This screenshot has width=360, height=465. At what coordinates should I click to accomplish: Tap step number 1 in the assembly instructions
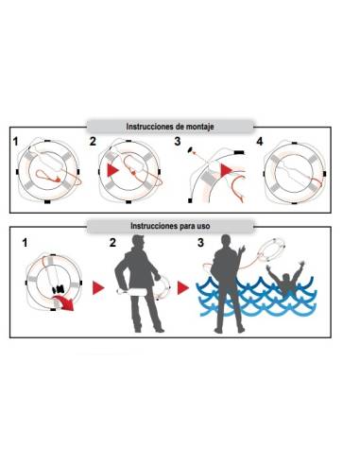(15, 142)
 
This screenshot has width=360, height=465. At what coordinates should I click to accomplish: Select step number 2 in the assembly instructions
(93, 142)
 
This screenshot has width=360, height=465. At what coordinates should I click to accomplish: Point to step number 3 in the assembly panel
(178, 142)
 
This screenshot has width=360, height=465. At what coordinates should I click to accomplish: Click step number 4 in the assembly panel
(260, 142)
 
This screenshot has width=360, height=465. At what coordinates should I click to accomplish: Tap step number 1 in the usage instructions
(25, 243)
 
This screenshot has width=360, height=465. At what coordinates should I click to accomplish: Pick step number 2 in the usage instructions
(112, 243)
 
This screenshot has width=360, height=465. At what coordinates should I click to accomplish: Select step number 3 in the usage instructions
(200, 243)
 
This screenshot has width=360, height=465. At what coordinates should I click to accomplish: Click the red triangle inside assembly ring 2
(111, 170)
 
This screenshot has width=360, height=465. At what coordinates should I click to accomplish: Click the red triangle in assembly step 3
(226, 170)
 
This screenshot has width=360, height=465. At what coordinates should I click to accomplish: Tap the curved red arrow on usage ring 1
(64, 303)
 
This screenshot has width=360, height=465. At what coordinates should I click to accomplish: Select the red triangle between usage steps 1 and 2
(98, 288)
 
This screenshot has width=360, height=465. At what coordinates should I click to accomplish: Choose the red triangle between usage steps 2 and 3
(183, 288)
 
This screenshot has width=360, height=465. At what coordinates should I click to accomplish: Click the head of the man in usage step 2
(139, 241)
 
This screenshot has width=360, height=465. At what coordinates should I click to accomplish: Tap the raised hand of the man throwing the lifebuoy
(242, 250)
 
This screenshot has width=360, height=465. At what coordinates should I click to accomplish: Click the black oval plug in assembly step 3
(191, 149)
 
